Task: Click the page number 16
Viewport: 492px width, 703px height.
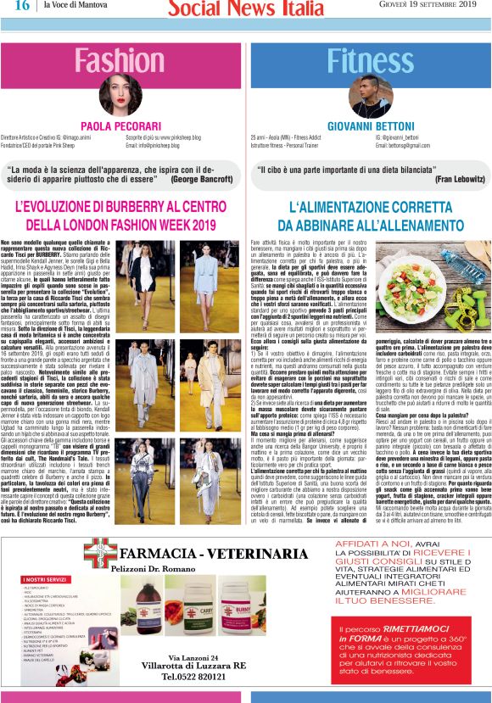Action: (x=22, y=6)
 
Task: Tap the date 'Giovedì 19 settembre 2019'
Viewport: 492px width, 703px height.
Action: (x=428, y=6)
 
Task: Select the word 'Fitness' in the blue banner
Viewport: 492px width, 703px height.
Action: (x=370, y=60)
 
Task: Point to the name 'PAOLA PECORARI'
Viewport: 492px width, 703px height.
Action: (x=120, y=126)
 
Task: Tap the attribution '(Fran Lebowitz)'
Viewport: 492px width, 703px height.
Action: (x=454, y=180)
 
